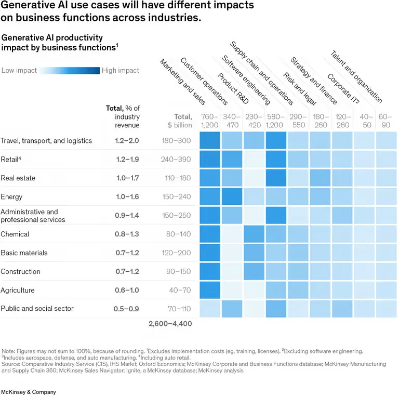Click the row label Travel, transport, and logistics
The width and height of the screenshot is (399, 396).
click(x=46, y=141)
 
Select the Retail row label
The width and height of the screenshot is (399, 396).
click(x=11, y=159)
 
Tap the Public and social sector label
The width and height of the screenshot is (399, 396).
click(x=37, y=309)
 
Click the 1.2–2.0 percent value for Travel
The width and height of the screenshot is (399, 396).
click(x=127, y=141)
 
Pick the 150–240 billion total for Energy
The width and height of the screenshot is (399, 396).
click(x=176, y=197)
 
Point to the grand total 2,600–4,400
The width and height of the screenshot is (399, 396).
click(x=170, y=324)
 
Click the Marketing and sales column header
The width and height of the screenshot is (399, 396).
click(x=182, y=82)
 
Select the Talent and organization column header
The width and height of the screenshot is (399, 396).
click(x=356, y=76)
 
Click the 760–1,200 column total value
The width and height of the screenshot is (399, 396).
click(x=210, y=121)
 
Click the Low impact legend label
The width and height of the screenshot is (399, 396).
click(x=19, y=71)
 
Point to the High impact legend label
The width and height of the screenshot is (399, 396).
click(x=121, y=71)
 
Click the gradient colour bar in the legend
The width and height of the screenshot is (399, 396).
click(x=70, y=71)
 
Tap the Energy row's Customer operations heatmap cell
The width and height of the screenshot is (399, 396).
click(x=232, y=197)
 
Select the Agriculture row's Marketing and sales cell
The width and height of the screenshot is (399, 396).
click(x=210, y=290)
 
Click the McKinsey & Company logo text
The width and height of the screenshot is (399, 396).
click(x=29, y=392)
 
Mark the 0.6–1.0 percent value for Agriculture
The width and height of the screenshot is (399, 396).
click(x=127, y=290)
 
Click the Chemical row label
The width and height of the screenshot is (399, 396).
click(x=15, y=234)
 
